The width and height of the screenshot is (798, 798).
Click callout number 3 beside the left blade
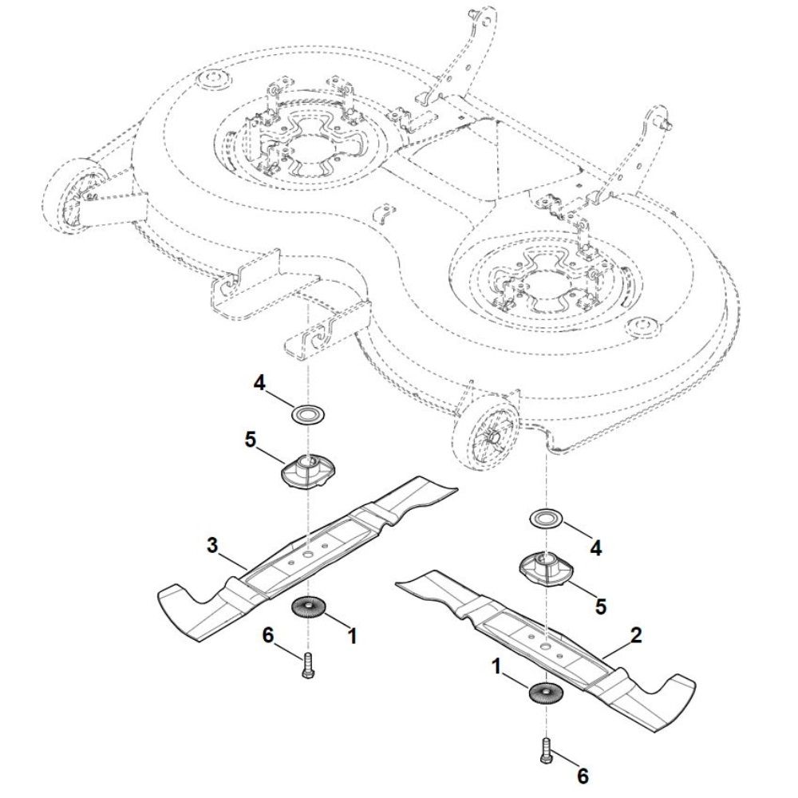coord(212,546)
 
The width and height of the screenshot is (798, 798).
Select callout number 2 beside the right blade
coord(636,635)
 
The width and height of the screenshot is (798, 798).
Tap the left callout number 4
coord(259,383)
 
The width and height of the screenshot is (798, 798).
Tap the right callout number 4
coord(596,548)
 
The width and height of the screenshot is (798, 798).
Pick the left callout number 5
coord(251,440)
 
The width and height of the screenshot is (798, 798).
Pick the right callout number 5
coord(601,606)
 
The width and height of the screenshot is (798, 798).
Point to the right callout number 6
coord(583,776)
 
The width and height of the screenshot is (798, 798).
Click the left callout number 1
coord(352,636)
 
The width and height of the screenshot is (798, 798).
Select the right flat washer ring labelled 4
coord(547,519)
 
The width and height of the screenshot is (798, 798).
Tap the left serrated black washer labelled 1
coord(308,606)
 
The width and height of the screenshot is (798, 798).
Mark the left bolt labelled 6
coord(307,665)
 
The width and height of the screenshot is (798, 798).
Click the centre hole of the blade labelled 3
coord(308,554)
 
